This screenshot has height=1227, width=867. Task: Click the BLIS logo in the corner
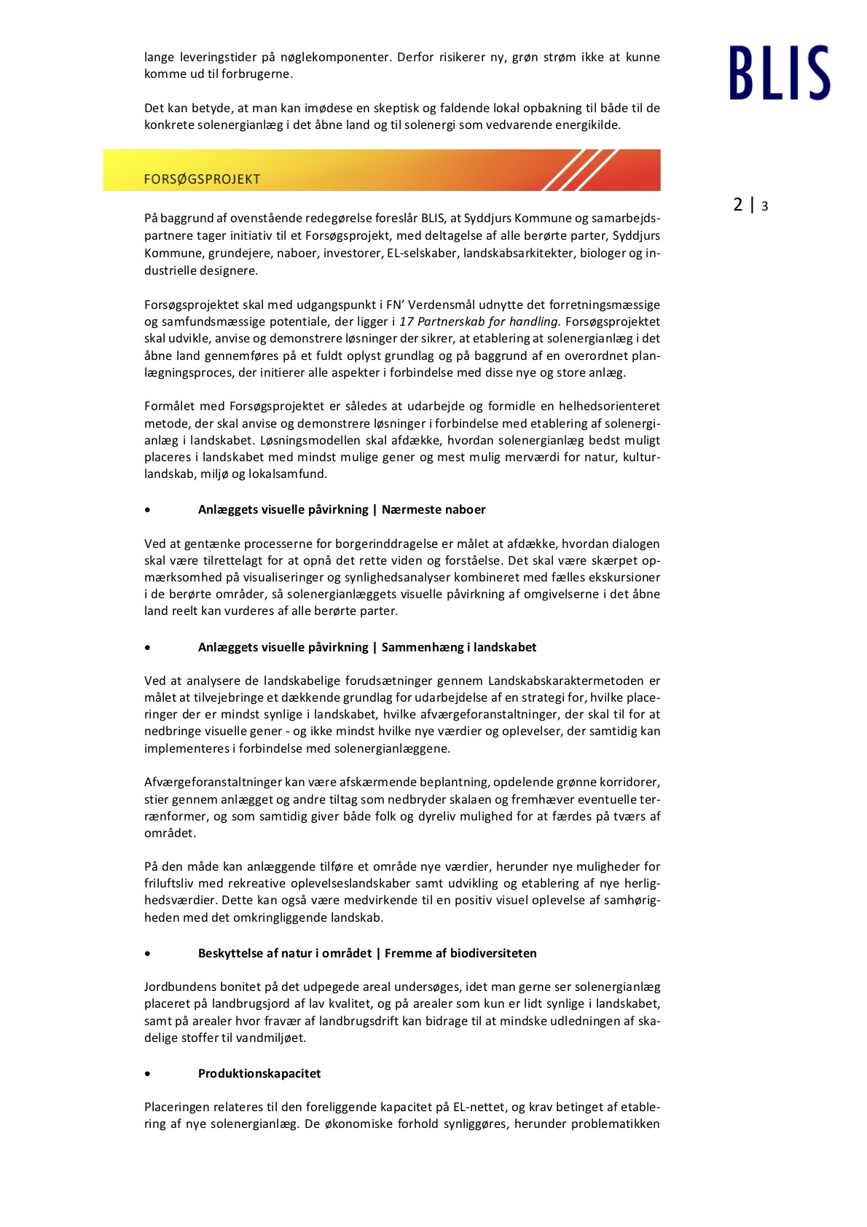(779, 73)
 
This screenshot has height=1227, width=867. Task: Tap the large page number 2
(738, 205)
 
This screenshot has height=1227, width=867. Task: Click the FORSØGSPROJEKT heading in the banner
(202, 179)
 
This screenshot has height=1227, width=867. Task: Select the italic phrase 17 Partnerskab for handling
(479, 321)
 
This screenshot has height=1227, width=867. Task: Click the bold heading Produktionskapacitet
(259, 1073)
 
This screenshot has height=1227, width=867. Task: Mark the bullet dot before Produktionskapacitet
(149, 1073)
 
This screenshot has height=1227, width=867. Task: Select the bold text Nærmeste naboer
(433, 509)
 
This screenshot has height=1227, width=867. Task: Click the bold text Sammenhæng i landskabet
(459, 647)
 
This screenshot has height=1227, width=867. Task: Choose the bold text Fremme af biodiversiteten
(460, 953)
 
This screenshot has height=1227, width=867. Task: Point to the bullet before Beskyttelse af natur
(149, 953)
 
